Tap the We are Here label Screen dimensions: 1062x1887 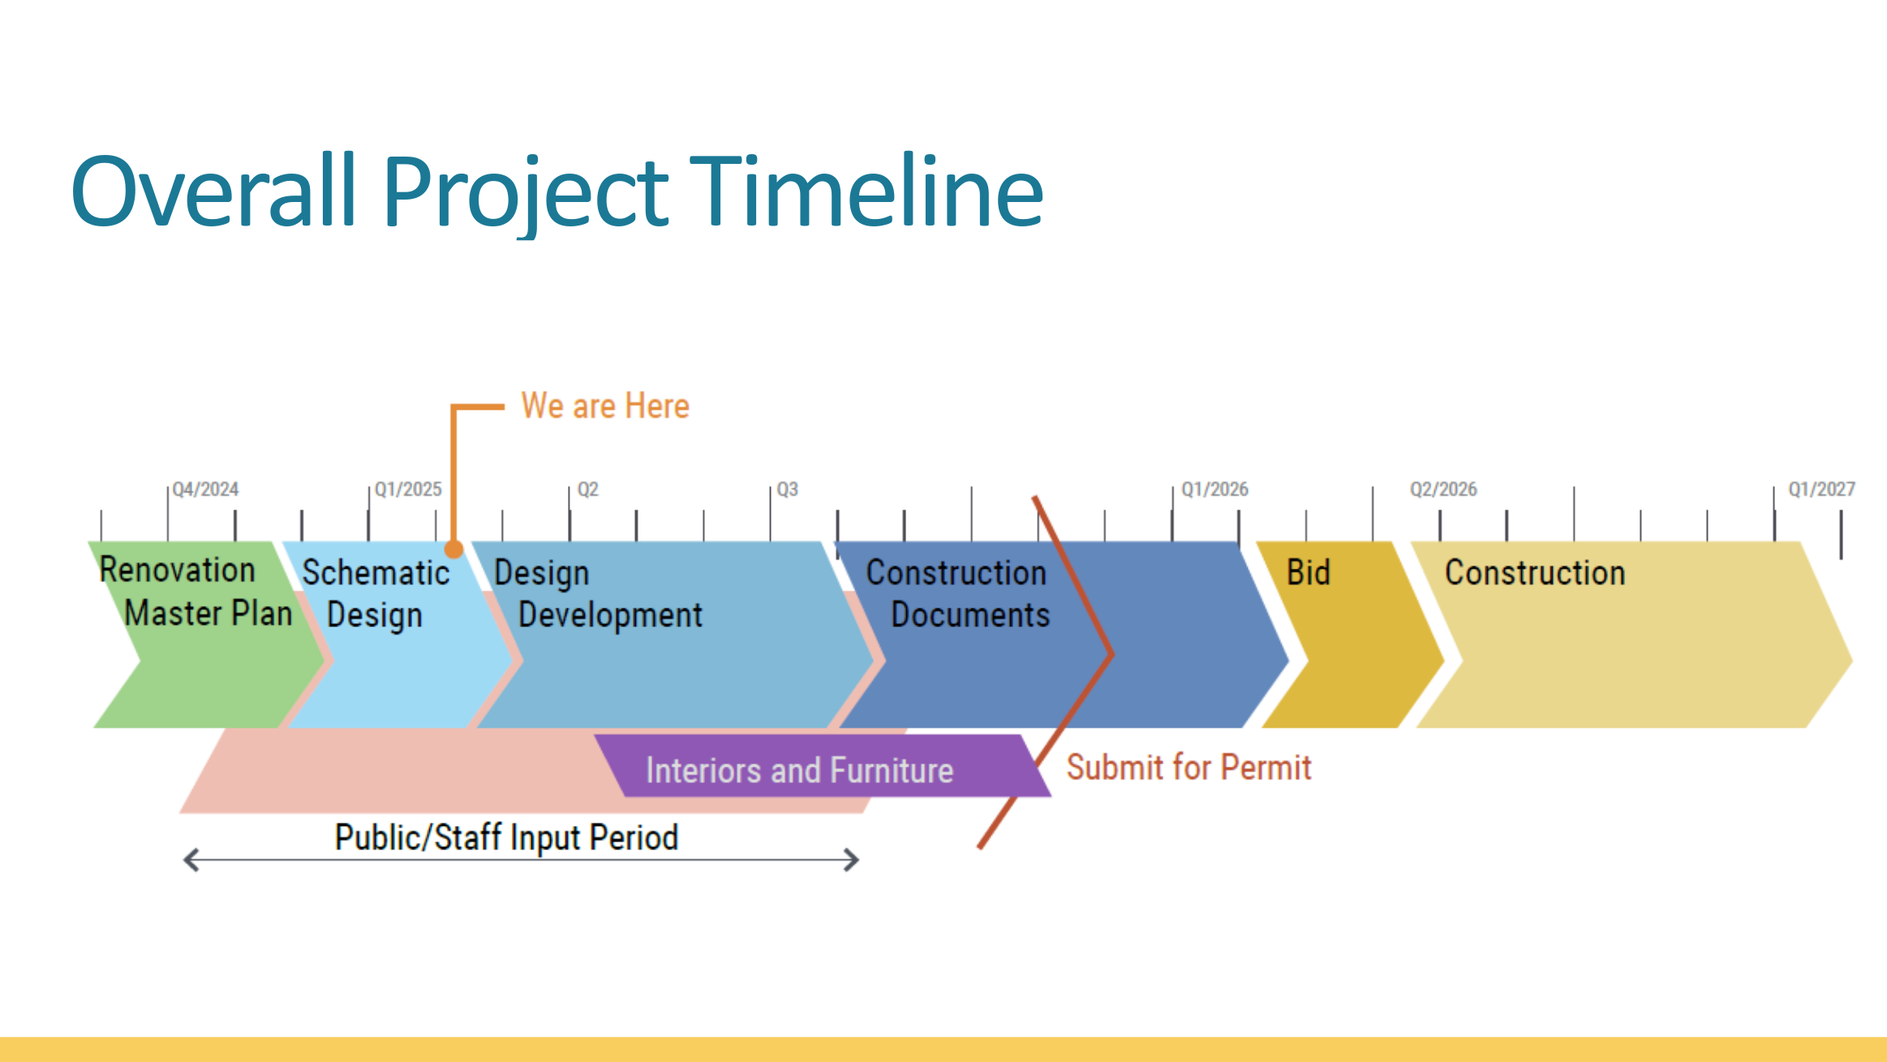605,406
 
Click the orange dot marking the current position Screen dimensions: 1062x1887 454,549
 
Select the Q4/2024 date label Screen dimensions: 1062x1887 205,489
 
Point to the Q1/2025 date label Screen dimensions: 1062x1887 408,489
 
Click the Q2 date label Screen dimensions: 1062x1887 588,489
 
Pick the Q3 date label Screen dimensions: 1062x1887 787,489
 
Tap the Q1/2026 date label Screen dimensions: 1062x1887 1214,489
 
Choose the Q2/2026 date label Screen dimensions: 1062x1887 1443,489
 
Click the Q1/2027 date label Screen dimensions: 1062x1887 1821,489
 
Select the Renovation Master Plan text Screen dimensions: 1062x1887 195,591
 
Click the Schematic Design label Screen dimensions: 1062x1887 375,594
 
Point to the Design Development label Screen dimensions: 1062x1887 598,594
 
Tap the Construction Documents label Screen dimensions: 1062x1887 957,594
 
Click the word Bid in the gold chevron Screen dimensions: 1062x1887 1308,573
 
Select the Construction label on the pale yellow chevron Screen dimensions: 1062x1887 1535,573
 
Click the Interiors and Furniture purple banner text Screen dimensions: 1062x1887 799,770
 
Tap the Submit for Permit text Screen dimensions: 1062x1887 1189,767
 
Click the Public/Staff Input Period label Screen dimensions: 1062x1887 506,837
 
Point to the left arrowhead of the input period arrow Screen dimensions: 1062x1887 191,860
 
